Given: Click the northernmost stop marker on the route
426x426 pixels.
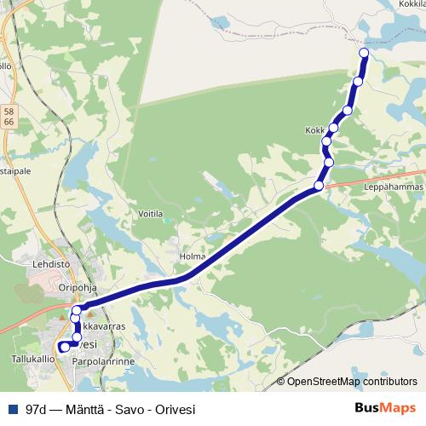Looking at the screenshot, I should click(x=364, y=53).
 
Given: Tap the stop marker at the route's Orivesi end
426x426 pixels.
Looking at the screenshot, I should click(x=62, y=347).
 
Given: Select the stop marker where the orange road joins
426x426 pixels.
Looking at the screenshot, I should click(x=319, y=186).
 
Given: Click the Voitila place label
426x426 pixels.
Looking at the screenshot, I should click(x=151, y=214).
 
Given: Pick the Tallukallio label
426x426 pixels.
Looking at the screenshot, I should click(x=33, y=360).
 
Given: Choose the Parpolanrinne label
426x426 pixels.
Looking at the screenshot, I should click(x=105, y=360).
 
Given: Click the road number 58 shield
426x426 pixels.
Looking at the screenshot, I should click(x=9, y=110).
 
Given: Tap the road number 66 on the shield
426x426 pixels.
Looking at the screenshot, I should click(x=9, y=123).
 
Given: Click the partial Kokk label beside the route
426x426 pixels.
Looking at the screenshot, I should click(x=314, y=130).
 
